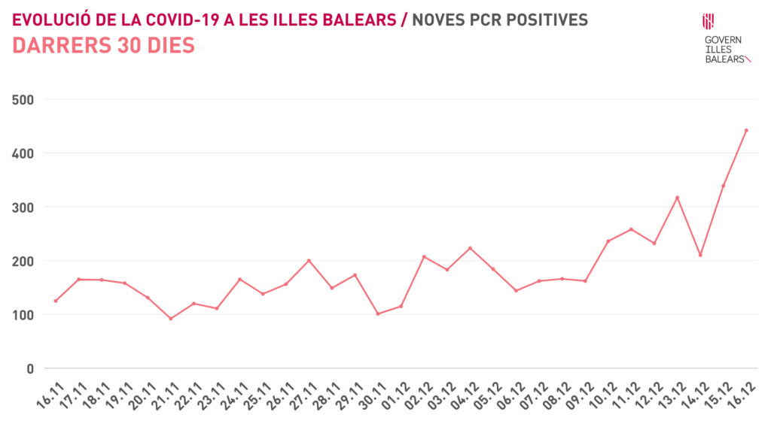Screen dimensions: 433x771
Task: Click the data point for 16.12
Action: (x=746, y=130)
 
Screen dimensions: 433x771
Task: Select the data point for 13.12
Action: (x=678, y=198)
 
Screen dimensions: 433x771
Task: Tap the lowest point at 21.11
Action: (x=171, y=319)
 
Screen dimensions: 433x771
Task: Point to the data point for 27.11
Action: (x=309, y=261)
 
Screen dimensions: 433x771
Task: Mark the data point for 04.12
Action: (x=470, y=248)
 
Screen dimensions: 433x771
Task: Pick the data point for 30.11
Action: (x=378, y=313)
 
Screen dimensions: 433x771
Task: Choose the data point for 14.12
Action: (x=700, y=255)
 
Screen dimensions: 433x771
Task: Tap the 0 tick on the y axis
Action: (x=31, y=368)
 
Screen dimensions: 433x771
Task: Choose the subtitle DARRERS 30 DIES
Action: (x=104, y=45)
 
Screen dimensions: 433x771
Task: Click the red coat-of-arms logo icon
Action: (x=708, y=21)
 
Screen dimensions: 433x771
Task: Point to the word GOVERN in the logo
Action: (x=723, y=40)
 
